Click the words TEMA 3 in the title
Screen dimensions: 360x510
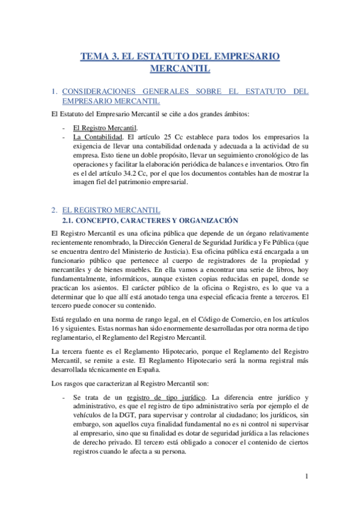coord(99,57)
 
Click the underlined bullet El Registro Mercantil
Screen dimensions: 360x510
coord(105,127)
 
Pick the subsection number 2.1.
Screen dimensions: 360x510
coord(69,220)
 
